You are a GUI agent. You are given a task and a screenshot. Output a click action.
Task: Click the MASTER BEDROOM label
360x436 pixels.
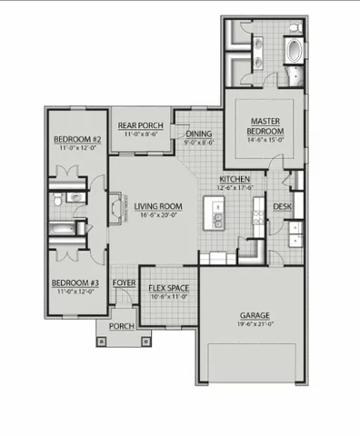tap(265, 125)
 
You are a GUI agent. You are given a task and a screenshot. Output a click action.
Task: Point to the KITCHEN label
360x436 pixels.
tap(235, 180)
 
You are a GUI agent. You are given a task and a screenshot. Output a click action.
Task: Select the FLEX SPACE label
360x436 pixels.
tap(168, 288)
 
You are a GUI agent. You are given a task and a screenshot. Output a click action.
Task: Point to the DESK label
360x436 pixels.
tap(282, 206)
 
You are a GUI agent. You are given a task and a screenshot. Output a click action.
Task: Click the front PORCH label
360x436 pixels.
tap(121, 326)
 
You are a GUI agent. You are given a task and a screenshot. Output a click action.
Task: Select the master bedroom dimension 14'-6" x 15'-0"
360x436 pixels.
tap(265, 141)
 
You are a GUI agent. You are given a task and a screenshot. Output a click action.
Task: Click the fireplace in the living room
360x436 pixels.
tap(112, 208)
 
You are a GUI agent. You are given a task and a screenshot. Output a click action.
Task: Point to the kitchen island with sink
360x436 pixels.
tap(218, 216)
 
